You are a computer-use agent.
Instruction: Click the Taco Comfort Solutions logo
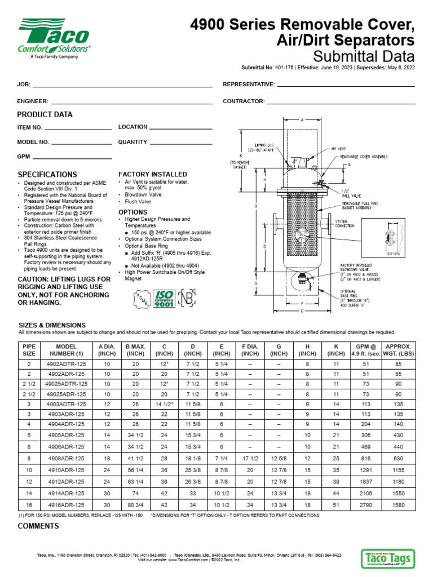pyautogui.click(x=54, y=37)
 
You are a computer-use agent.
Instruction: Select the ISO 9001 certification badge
pyautogui.click(x=164, y=299)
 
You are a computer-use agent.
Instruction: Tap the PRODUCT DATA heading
pyautogui.click(x=45, y=114)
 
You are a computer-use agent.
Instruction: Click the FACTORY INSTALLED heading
pyautogui.click(x=152, y=175)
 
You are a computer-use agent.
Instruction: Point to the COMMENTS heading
pyautogui.click(x=38, y=526)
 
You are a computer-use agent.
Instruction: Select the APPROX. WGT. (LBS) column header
pyautogui.click(x=397, y=350)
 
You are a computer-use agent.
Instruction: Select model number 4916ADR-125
pyautogui.click(x=66, y=506)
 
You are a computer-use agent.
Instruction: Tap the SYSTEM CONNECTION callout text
pyautogui.click(x=345, y=223)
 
